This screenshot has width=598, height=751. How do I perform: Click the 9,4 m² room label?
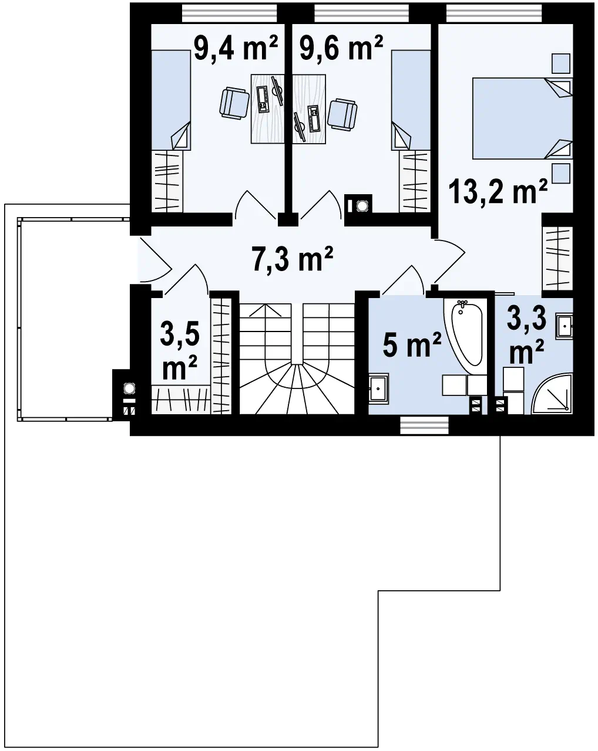click(236, 48)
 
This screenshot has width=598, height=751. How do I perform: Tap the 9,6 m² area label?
click(341, 48)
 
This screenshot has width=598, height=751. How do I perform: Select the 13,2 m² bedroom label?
click(498, 191)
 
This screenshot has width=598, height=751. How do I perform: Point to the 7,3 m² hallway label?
click(292, 258)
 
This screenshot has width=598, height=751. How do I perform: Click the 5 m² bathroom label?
click(412, 344)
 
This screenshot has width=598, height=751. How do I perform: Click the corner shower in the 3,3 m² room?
click(552, 394)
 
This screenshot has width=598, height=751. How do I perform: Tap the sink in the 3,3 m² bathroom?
click(564, 327)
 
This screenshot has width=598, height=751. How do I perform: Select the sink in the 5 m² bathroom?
click(378, 388)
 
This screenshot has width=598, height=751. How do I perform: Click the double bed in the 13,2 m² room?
click(522, 119)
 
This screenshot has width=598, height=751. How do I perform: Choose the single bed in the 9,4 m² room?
click(171, 100)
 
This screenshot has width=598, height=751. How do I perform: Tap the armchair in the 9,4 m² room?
click(234, 103)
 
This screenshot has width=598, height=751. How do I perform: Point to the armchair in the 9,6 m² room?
click(342, 114)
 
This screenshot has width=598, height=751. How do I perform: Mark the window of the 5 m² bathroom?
click(424, 426)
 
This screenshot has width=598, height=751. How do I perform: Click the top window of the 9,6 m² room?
click(361, 13)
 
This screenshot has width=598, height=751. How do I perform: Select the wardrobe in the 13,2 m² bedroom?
click(557, 258)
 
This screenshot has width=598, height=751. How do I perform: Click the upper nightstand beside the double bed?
click(561, 63)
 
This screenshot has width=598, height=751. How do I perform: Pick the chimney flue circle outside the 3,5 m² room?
click(129, 388)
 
